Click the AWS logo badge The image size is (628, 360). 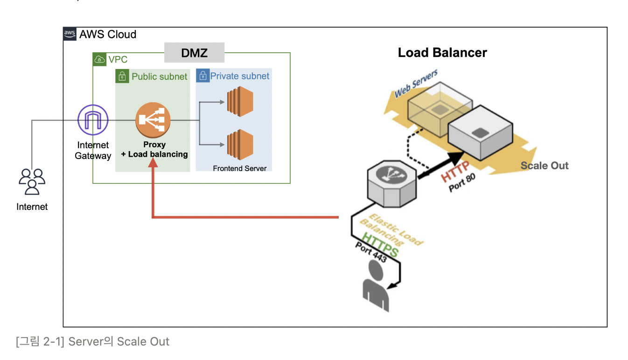click(70, 34)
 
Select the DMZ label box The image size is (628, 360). click(194, 53)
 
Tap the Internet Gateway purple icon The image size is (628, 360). click(93, 120)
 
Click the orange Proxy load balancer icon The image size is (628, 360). click(153, 119)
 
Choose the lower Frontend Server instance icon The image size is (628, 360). click(240, 145)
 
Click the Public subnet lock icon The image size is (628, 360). click(122, 76)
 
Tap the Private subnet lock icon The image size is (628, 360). click(202, 76)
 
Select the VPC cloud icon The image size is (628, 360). click(99, 59)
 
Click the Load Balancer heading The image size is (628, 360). click(442, 53)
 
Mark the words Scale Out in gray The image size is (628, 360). click(544, 166)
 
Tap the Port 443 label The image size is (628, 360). click(371, 252)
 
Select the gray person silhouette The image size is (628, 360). click(377, 286)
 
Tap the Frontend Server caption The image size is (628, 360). click(240, 168)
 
